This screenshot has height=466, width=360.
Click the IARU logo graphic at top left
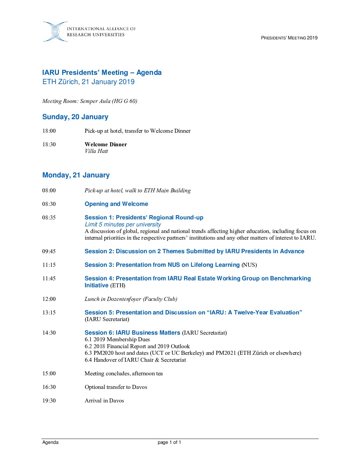[55, 32]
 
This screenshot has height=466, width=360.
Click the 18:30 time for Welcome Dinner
[49, 144]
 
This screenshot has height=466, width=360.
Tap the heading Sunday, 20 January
[75, 117]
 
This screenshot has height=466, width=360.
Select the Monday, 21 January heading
[76, 175]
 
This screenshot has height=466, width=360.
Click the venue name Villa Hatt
[96, 151]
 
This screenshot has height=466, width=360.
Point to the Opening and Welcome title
[116, 204]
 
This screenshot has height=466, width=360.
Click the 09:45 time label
[49, 251]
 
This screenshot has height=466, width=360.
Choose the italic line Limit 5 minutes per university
[123, 224]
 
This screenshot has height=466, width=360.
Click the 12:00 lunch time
[49, 299]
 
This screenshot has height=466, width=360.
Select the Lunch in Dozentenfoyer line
[131, 299]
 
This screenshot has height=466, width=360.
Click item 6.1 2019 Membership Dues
[117, 339]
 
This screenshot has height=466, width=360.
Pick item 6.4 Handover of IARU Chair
[135, 360]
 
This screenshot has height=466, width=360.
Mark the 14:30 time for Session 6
[49, 333]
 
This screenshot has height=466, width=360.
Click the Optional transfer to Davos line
[116, 387]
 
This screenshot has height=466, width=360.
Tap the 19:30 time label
[49, 400]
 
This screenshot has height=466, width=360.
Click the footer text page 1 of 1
[169, 443]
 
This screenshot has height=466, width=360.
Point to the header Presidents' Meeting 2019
[289, 38]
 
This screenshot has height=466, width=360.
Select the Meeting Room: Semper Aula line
[90, 101]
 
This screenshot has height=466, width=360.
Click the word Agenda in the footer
[50, 443]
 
